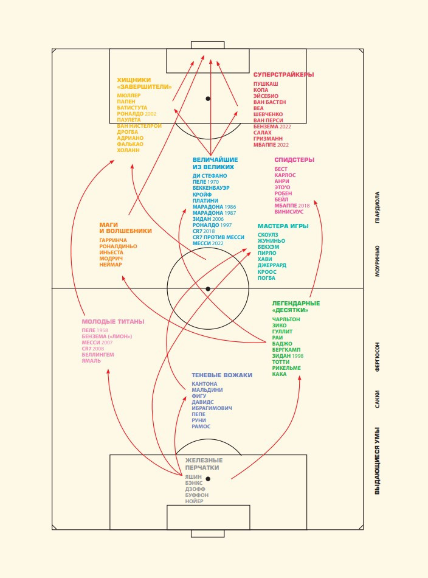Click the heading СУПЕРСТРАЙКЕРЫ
coord(284,74)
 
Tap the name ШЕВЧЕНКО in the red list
coord(268,114)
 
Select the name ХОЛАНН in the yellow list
coord(128,150)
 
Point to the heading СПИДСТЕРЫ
coord(294,160)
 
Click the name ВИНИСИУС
coord(289,212)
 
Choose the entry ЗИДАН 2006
coord(208,219)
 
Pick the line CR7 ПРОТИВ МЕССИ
coord(218,237)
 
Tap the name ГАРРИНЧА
coord(113,240)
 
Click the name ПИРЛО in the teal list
coord(267,253)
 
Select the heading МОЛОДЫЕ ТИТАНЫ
coord(113,322)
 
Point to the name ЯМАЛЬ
coord(91,361)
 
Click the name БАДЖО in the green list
coord(282,344)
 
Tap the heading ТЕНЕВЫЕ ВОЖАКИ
coord(222,375)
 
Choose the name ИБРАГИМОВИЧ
coord(212,408)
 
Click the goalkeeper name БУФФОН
coord(197,495)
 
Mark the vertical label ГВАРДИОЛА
coord(377,207)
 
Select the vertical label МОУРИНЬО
coord(377,261)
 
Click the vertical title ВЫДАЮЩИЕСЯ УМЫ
coord(377,461)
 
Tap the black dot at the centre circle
coord(208,289)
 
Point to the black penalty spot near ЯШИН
coord(208,479)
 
